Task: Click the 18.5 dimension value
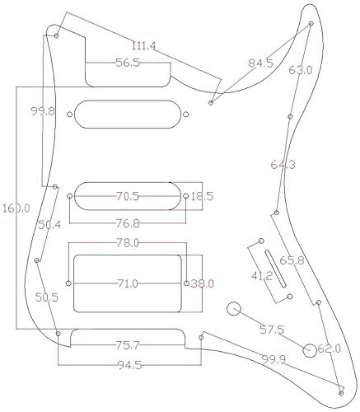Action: tap(202, 197)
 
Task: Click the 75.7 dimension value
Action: tap(129, 344)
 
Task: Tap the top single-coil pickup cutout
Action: tap(132, 113)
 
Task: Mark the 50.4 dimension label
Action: tap(49, 224)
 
